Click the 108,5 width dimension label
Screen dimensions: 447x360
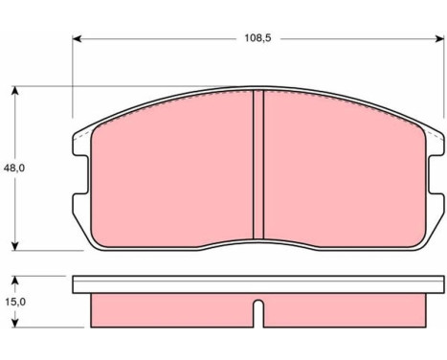[257, 38]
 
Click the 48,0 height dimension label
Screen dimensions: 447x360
[13, 169]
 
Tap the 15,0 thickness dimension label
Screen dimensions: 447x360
[15, 302]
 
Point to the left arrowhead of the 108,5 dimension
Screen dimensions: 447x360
[78, 39]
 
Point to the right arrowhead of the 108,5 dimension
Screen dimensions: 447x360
[439, 39]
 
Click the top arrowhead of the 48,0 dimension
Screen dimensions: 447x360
[14, 91]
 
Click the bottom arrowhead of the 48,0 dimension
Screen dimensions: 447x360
[14, 246]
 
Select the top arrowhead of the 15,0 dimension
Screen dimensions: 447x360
[14, 281]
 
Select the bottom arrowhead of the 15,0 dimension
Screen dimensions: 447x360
[14, 323]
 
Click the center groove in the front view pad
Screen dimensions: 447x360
[258, 165]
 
